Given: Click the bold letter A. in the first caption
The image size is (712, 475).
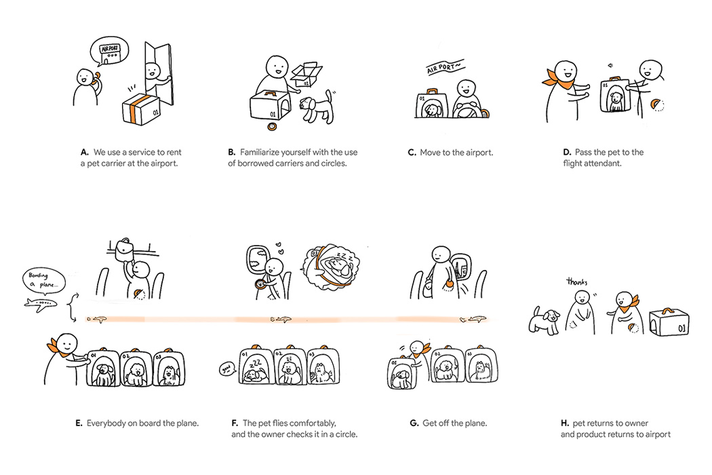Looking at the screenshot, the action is [85, 152].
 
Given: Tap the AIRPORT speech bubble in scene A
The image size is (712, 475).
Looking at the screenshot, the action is [109, 52].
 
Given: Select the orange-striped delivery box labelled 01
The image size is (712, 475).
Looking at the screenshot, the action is [141, 109].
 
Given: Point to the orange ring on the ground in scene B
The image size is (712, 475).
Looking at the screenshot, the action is [272, 126].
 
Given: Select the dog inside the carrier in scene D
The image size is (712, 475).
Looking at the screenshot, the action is [615, 101].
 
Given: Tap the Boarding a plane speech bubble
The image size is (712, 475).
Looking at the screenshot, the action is [43, 280].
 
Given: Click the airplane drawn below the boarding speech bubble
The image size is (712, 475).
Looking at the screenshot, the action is [41, 304].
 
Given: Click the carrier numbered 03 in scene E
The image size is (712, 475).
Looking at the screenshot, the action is [169, 368].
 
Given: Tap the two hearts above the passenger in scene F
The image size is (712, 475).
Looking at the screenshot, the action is [279, 248].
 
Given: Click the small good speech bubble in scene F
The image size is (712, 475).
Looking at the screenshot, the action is [227, 368].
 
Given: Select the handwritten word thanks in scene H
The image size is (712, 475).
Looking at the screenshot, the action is [576, 282].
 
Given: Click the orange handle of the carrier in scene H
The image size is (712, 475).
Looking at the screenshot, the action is [669, 311].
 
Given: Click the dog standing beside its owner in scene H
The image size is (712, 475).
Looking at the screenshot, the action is [544, 320].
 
